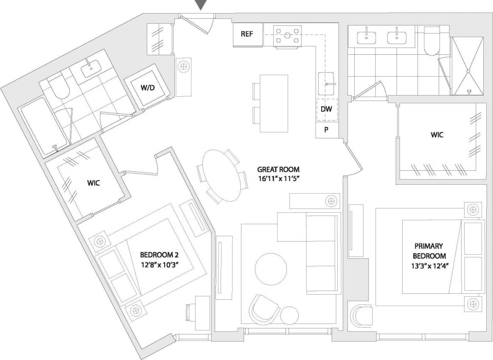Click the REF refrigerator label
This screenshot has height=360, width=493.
[x=247, y=34]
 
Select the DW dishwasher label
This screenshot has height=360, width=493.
[x=326, y=109]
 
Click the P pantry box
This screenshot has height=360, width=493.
[x=326, y=130]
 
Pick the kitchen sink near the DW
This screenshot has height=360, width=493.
[x=327, y=83]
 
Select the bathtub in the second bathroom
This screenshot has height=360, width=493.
[x=44, y=126]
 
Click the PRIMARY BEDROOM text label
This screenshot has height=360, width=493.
[x=429, y=251]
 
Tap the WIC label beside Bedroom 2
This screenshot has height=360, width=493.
[x=93, y=183]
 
